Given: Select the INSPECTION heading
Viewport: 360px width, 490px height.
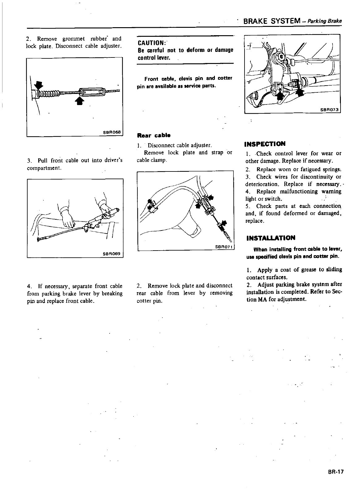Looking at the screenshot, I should tap(265, 144).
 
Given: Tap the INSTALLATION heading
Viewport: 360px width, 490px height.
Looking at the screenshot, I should tap(271, 238).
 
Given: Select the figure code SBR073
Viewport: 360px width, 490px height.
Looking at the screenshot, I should tap(329, 110).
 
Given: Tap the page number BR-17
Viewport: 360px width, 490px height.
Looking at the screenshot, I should tap(336, 472).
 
